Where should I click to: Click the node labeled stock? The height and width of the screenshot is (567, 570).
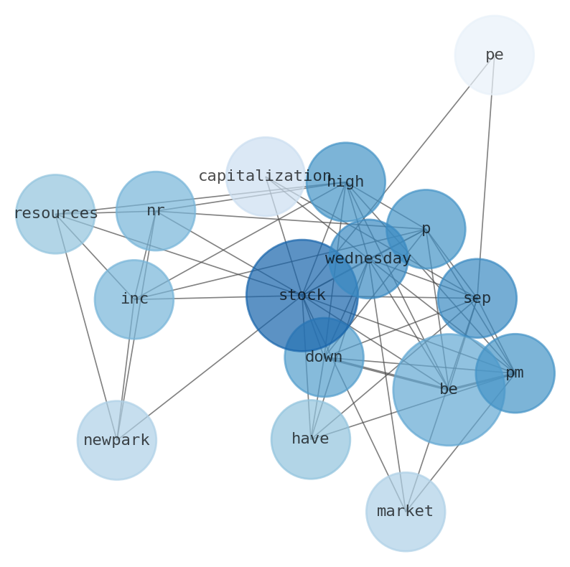[x=302, y=295]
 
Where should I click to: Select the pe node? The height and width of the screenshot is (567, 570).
[x=494, y=55]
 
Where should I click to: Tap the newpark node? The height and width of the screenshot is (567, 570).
[x=116, y=440]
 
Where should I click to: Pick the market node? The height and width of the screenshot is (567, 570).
[x=405, y=511]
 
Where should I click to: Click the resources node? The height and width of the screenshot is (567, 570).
[x=55, y=213]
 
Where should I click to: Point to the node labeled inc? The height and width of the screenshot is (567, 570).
[x=134, y=299]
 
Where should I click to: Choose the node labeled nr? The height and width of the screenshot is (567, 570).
[x=155, y=210]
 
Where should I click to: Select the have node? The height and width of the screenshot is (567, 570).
[x=310, y=439]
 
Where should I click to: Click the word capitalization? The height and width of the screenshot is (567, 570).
[x=265, y=176]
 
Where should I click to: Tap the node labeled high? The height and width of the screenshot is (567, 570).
[x=345, y=182]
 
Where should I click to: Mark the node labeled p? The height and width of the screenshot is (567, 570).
[x=425, y=228]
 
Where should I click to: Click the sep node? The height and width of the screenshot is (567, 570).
[x=477, y=298]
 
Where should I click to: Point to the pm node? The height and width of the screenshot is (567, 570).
[x=514, y=372]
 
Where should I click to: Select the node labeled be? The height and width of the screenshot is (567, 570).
[x=448, y=389]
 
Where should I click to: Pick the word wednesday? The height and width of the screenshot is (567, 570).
[x=368, y=258]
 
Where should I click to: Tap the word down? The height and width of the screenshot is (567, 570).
[x=324, y=357]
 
